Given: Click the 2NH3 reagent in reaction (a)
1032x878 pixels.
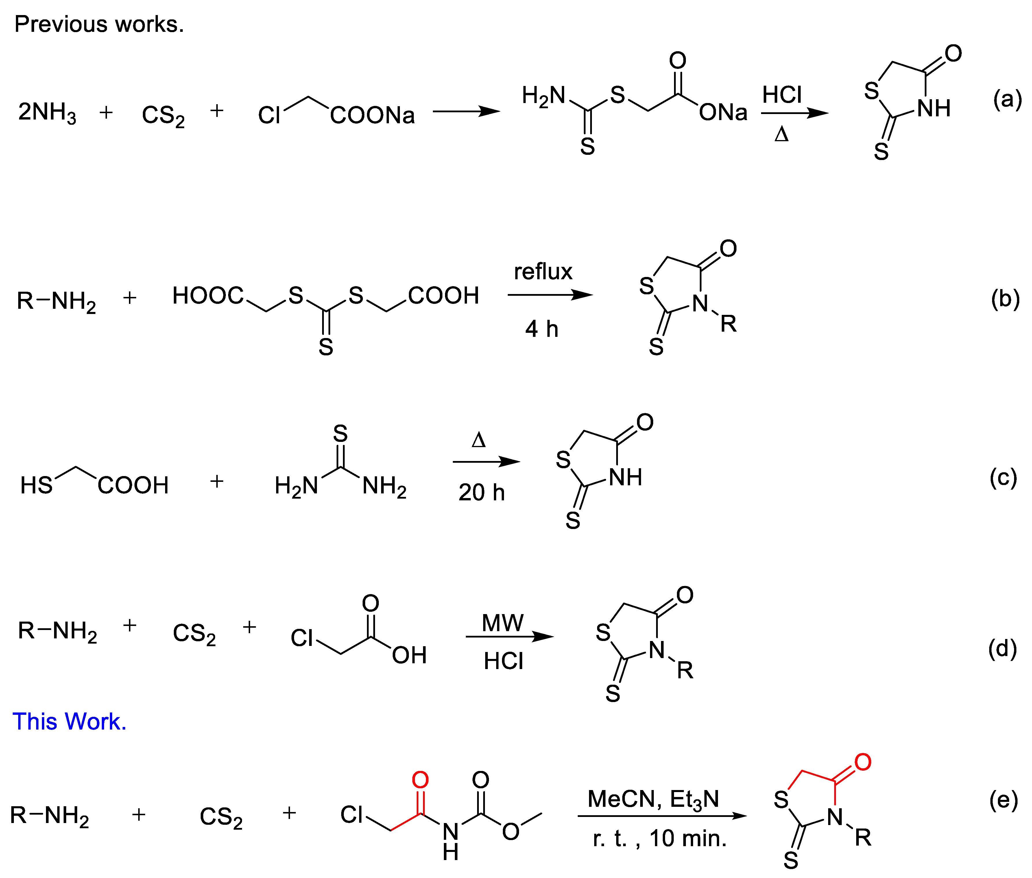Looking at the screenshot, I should click(47, 112).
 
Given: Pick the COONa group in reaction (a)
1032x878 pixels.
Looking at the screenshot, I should click(372, 115).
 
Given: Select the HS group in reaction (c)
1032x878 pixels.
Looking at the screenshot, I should click(36, 485).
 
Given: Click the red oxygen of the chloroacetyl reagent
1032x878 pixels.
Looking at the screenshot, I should click(420, 779).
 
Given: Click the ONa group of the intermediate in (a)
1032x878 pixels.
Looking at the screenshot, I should click(723, 113).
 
